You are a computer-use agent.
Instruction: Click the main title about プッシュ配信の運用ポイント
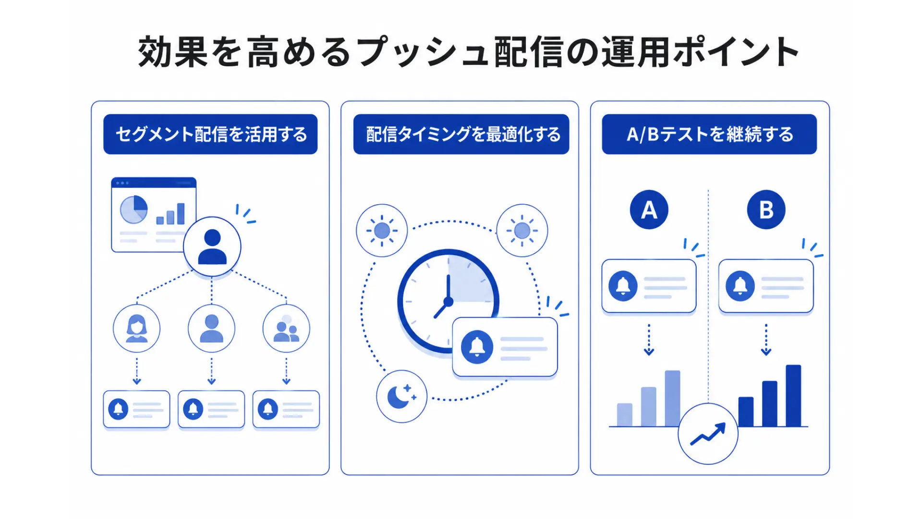468,51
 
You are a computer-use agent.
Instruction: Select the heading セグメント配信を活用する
211,134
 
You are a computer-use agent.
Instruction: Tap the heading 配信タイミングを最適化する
463,134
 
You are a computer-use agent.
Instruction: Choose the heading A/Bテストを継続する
710,134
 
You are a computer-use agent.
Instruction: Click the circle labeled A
649,210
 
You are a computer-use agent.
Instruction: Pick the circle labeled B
766,210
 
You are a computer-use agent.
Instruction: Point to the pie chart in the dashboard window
133,210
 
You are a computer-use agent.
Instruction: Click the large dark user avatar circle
212,247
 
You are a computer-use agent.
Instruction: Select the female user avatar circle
137,328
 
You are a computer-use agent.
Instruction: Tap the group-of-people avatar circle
286,328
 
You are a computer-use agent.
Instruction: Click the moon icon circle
401,396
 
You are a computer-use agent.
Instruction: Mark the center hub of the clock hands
448,302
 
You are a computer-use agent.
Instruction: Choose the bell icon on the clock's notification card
477,346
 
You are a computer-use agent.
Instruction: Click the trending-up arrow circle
708,434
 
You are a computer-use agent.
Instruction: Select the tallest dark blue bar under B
793,395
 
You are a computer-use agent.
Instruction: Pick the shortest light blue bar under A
625,415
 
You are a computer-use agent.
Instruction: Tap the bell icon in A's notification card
623,286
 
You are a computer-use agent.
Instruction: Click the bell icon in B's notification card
740,286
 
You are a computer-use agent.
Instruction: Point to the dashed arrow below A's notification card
649,339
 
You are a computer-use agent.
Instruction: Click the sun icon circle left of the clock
382,231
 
